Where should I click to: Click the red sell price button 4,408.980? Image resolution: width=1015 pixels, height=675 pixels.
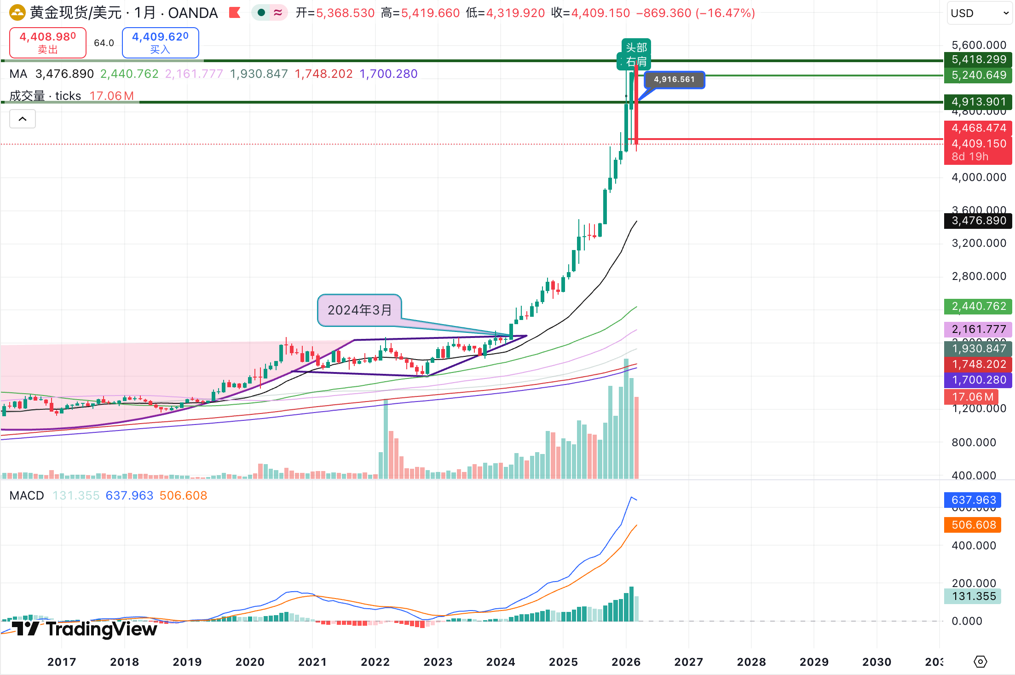point(48,42)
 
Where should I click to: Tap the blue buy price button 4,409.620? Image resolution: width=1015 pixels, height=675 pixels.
point(160,42)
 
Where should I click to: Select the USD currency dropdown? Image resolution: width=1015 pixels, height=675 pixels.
point(979,13)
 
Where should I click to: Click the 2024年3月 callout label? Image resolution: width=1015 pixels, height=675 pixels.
point(359,310)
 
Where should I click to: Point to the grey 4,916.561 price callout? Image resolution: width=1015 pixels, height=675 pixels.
point(674,79)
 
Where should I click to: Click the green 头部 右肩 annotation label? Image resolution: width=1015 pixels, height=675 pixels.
point(636,54)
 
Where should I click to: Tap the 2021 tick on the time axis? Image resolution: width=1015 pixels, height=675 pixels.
point(312,662)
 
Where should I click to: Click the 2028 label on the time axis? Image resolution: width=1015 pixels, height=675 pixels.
point(751,662)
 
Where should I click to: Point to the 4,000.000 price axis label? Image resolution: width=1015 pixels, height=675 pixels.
point(979,177)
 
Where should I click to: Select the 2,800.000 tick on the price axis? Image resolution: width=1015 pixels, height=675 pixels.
point(979,276)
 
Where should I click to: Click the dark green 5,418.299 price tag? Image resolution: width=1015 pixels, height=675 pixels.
point(978,59)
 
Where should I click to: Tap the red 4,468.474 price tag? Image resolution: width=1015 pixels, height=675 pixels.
point(978,128)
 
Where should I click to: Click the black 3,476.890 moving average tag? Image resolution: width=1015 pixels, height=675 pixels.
point(978,221)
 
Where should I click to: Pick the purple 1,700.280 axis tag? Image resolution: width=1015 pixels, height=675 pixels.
point(978,380)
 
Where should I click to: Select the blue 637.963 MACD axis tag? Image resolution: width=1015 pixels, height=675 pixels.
point(973,500)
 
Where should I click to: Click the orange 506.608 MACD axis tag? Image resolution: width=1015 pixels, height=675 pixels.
point(973,525)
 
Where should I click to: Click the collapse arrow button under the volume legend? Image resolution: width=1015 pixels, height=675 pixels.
point(23,119)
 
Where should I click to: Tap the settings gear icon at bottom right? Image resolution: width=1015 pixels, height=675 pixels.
point(980,662)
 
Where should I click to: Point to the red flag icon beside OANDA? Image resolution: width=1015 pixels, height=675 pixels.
point(235,12)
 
